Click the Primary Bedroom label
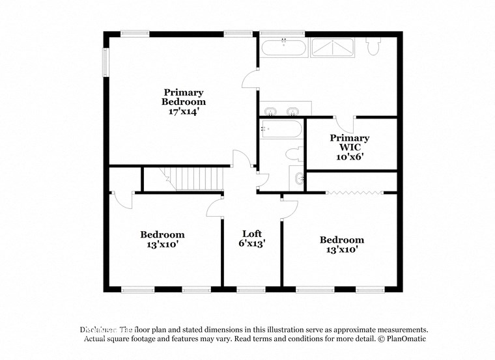pyautogui.click(x=184, y=97)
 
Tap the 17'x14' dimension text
pyautogui.click(x=184, y=111)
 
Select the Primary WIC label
pyautogui.click(x=350, y=143)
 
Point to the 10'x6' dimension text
pyautogui.click(x=350, y=156)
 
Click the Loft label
pyautogui.click(x=252, y=234)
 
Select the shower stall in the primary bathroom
pyautogui.click(x=332, y=47)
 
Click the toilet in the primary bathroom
pyautogui.click(x=375, y=47)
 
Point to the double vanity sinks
pyautogui.click(x=285, y=109)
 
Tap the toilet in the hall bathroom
pyautogui.click(x=294, y=154)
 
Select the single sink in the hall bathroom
pyautogui.click(x=298, y=178)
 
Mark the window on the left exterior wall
pyautogui.click(x=104, y=62)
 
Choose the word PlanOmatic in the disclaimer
pyautogui.click(x=404, y=339)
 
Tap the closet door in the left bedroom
pyautogui.click(x=122, y=199)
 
